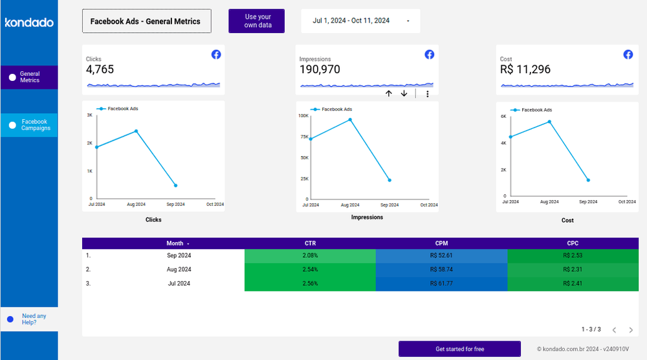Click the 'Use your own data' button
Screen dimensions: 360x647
(x=258, y=21)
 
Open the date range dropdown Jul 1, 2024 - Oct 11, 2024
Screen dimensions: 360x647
(x=360, y=21)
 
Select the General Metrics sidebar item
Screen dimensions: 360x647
(x=29, y=77)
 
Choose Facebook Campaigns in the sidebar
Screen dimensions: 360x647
(x=29, y=125)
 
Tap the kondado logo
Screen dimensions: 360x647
(x=29, y=23)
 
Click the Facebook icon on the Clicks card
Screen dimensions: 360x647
(x=216, y=54)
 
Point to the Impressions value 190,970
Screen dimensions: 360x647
(x=320, y=69)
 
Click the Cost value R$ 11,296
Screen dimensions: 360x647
(x=525, y=69)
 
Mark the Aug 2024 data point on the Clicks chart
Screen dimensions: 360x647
(x=136, y=131)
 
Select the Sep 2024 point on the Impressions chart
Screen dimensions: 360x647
(x=389, y=180)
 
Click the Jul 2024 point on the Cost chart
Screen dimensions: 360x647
(x=510, y=137)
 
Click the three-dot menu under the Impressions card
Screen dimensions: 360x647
(x=427, y=94)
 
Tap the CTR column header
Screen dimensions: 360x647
(x=310, y=243)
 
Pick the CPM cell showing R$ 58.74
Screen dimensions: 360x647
(x=441, y=269)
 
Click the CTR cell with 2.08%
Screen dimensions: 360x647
(x=310, y=256)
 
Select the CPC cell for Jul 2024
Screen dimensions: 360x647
(x=573, y=283)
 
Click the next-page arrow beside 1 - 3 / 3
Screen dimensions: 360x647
(x=631, y=330)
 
